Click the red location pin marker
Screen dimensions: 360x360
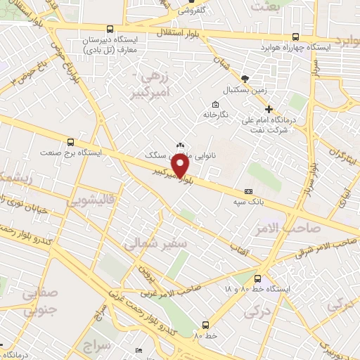[181, 166]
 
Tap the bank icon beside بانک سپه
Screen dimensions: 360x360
[248, 191]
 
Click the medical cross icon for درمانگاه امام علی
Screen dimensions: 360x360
[269, 108]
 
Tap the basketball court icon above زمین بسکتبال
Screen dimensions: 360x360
[244, 79]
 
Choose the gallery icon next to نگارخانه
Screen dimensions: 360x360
[214, 105]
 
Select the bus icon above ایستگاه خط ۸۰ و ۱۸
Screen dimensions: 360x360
[258, 278]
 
